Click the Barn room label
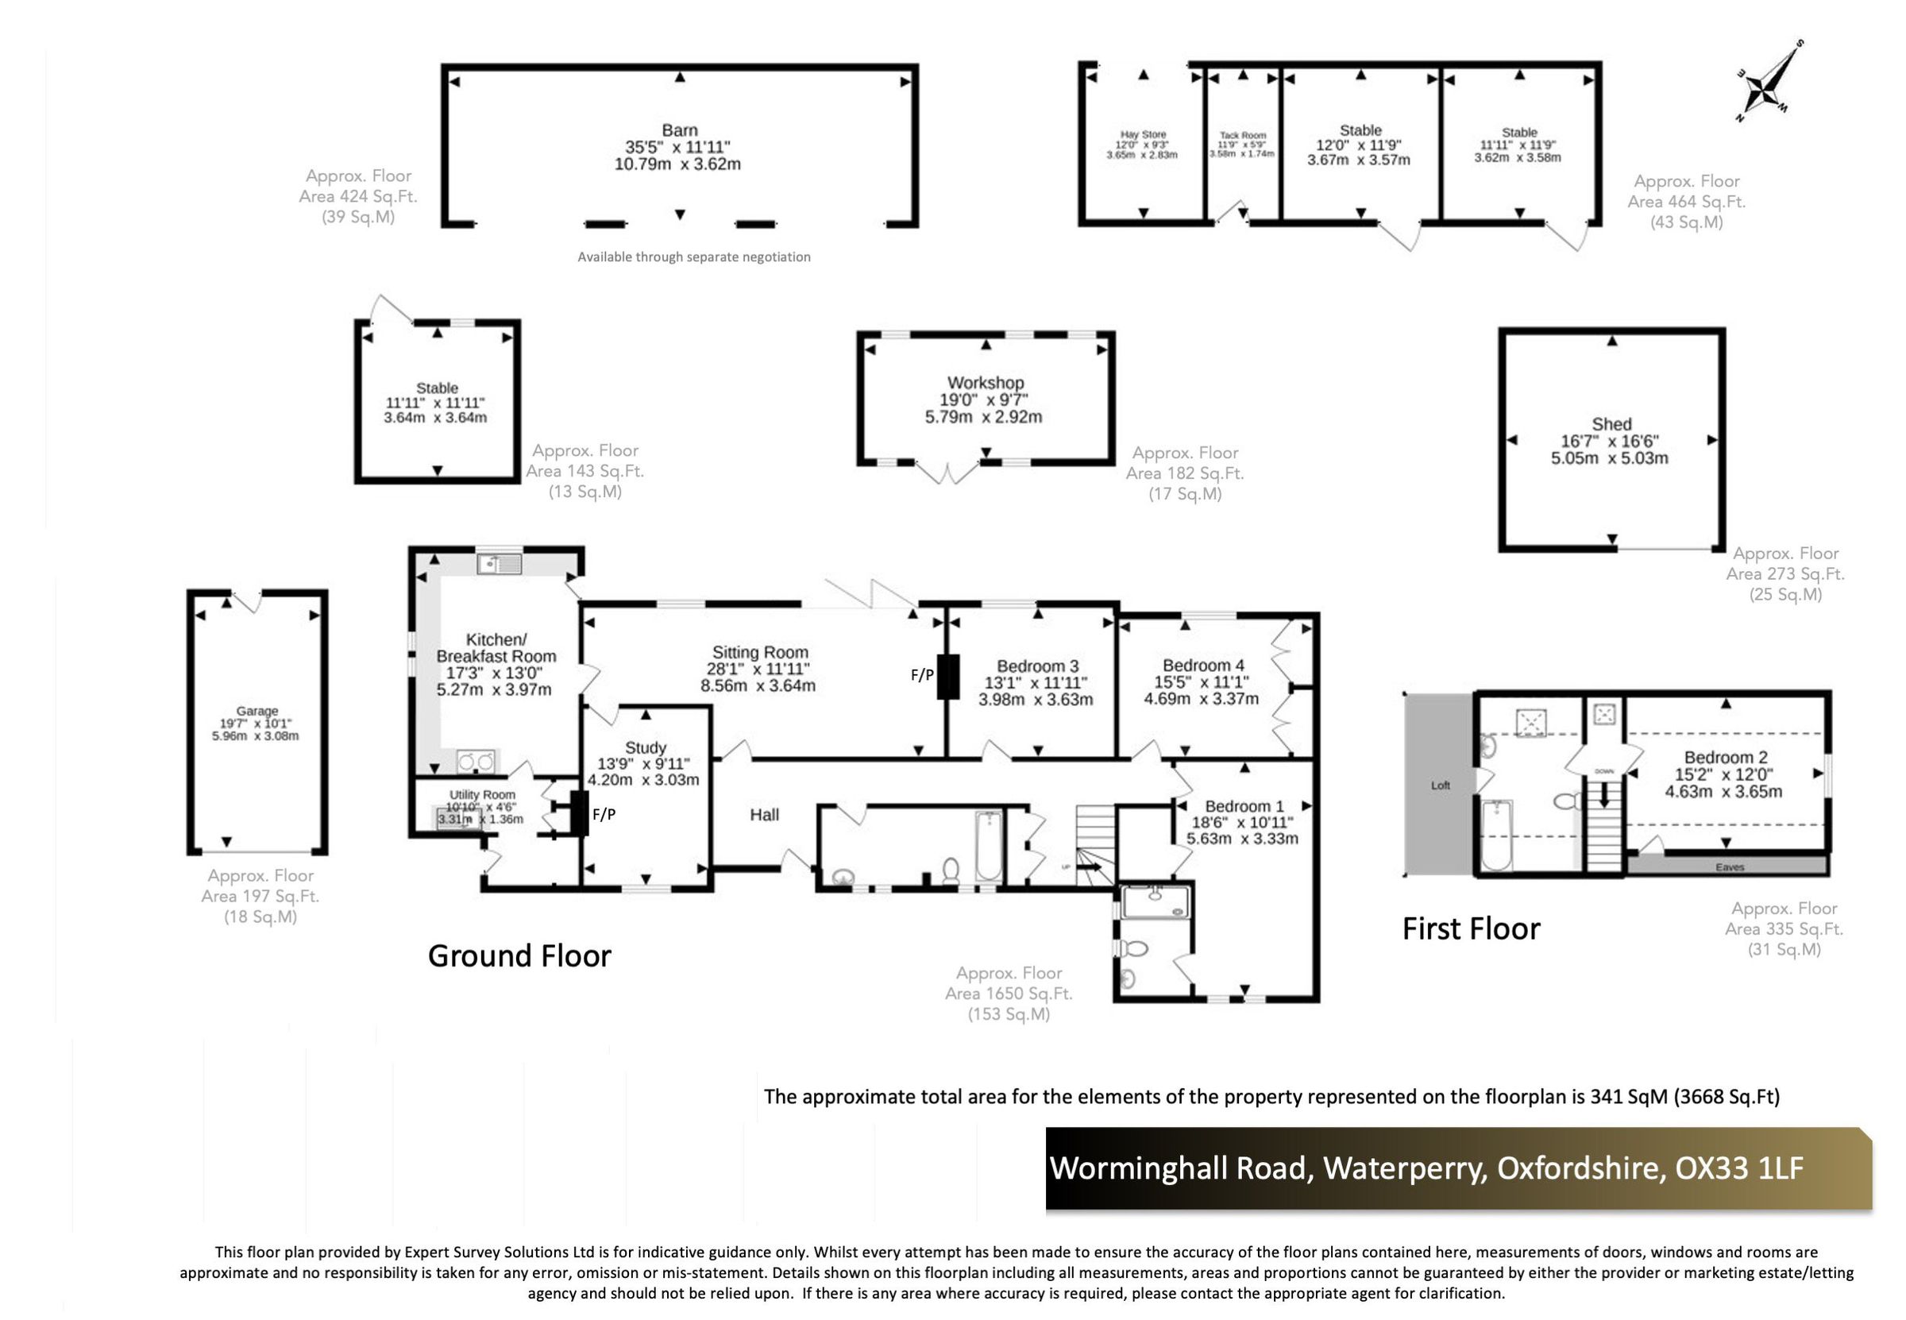click(679, 129)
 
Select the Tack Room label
click(1242, 135)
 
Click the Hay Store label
click(1143, 134)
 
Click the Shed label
click(1611, 423)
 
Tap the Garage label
click(257, 711)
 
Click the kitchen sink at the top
click(500, 564)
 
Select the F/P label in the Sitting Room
click(921, 675)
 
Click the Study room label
click(645, 747)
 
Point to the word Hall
click(764, 815)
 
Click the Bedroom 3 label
click(1037, 666)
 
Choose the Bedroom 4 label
click(1202, 665)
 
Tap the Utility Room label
click(482, 794)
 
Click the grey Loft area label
click(1440, 785)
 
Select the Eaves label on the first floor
click(1729, 866)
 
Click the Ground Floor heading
click(519, 956)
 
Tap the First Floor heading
click(1470, 928)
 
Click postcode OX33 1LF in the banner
click(1738, 1168)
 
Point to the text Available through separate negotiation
click(693, 257)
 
